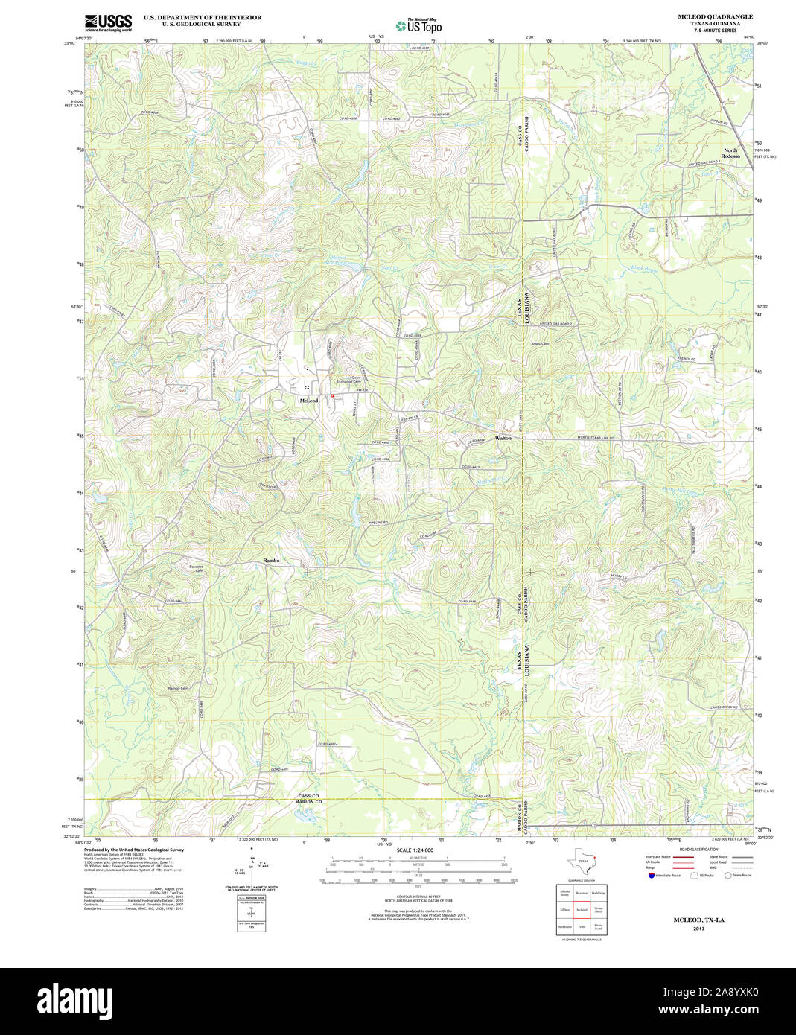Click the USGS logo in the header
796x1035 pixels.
point(109,22)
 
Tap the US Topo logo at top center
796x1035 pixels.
point(418,26)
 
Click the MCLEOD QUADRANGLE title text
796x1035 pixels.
point(714,16)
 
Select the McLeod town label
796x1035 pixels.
point(309,401)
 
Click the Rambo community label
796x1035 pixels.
point(272,559)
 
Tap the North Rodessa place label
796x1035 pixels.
point(730,153)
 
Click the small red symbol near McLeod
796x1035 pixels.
point(333,395)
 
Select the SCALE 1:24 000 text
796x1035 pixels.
point(415,850)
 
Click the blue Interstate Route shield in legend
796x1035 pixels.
point(652,876)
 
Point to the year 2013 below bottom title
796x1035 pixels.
point(698,929)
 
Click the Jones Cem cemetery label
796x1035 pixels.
point(540,344)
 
